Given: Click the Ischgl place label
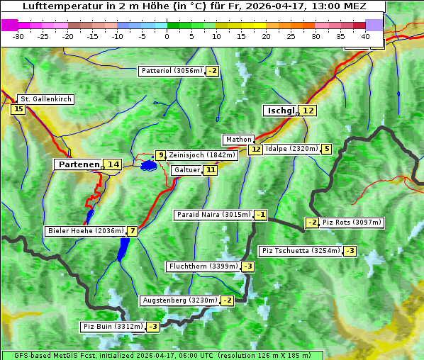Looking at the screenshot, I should click(280, 111).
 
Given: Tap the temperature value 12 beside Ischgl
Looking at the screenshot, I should click(307, 111).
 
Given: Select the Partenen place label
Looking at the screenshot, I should click(79, 164).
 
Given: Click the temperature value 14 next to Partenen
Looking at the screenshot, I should click(112, 164).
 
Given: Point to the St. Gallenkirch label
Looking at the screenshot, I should click(46, 99).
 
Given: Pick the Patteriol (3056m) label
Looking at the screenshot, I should click(172, 71).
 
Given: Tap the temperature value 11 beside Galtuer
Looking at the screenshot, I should click(210, 170).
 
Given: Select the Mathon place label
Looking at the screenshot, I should click(238, 140).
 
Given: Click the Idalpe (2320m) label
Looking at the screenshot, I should click(291, 149).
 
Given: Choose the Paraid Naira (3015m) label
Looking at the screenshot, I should click(213, 215).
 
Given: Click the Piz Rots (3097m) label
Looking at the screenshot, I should click(352, 223).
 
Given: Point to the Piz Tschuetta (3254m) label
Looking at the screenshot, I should click(301, 251).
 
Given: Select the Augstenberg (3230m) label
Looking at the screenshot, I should click(179, 300).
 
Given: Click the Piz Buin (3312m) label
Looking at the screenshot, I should click(112, 327).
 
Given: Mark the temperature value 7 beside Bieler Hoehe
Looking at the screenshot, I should click(132, 231).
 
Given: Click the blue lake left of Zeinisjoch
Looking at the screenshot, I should click(148, 166).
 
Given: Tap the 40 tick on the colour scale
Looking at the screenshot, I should click(365, 36).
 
